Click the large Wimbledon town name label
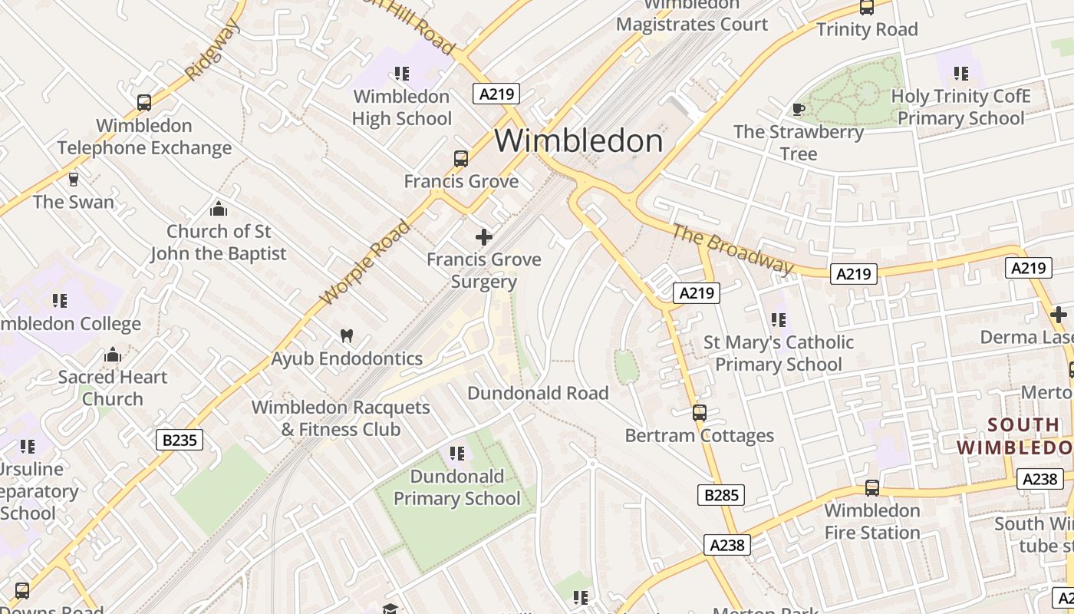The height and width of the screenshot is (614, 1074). tap(578, 141)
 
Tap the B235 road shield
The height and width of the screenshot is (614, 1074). tap(180, 440)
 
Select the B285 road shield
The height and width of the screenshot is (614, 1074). tap(721, 495)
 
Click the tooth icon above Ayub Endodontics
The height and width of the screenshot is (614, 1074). tap(347, 335)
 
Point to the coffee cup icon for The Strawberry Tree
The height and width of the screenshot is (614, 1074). tap(798, 109)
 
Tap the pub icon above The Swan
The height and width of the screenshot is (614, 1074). tap(74, 180)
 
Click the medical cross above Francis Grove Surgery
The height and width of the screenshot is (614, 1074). tap(484, 237)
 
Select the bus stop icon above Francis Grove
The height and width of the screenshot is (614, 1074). tap(461, 159)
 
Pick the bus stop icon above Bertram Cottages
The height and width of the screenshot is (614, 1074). tap(700, 413)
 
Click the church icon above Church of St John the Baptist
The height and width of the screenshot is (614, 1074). tap(219, 209)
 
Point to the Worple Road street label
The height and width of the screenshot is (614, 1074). tap(365, 262)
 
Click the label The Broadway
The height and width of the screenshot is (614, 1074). tap(733, 248)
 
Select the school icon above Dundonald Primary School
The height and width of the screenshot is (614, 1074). tap(457, 454)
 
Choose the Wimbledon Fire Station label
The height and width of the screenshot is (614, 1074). tap(872, 521)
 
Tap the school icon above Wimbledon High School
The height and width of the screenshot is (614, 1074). tap(402, 74)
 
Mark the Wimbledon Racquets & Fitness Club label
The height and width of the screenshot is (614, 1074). tap(341, 418)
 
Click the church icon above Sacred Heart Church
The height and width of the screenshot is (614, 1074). tap(113, 355)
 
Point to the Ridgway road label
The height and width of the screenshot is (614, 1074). tap(212, 50)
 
